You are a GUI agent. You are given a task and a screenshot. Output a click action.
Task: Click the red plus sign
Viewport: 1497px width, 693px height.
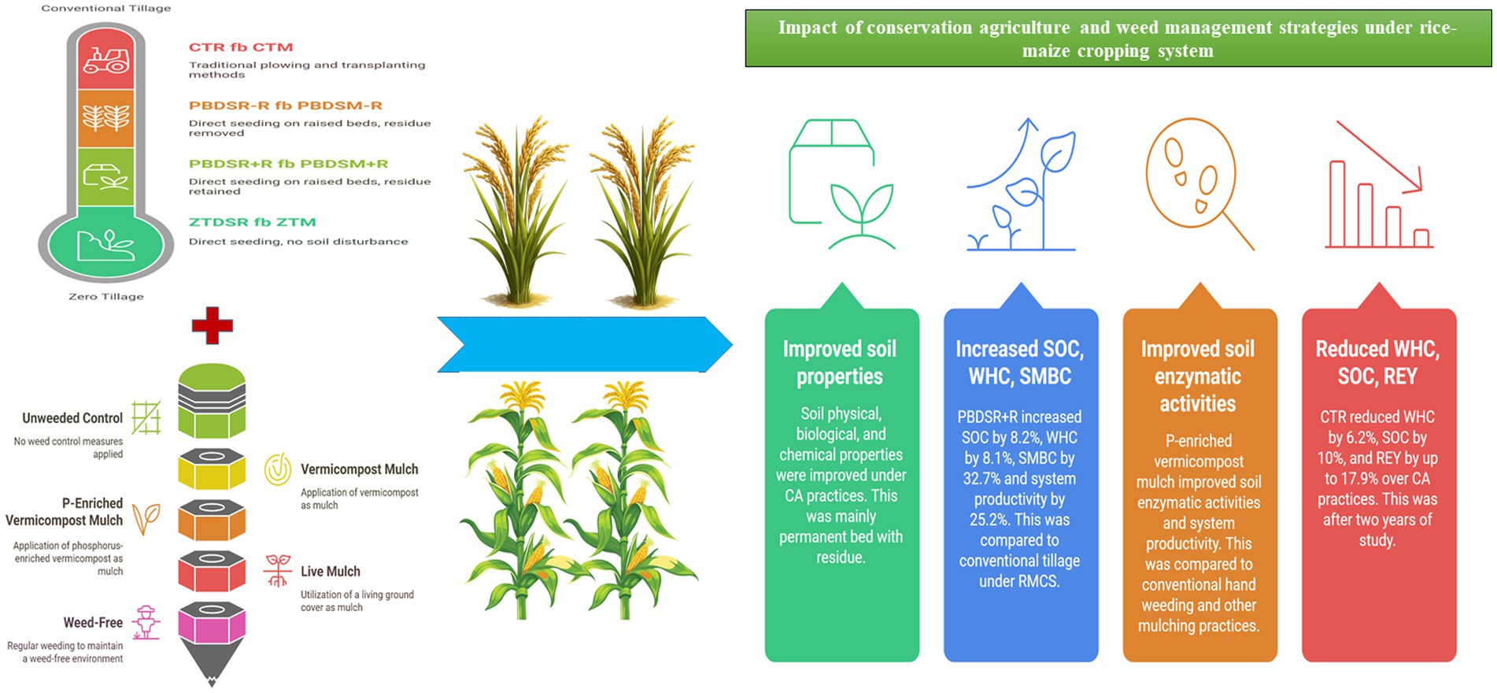pyautogui.click(x=212, y=325)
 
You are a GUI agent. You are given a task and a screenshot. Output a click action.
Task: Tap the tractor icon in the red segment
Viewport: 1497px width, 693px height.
pyautogui.click(x=106, y=60)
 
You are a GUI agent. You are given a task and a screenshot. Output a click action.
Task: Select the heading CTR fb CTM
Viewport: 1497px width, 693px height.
pyautogui.click(x=241, y=47)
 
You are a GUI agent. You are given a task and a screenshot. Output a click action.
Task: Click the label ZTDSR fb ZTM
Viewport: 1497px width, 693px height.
pyautogui.click(x=252, y=222)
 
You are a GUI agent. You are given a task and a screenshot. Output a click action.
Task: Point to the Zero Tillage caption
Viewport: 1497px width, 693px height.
pyautogui.click(x=106, y=297)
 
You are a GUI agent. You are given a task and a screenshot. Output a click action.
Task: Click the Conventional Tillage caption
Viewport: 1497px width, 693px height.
pyautogui.click(x=106, y=8)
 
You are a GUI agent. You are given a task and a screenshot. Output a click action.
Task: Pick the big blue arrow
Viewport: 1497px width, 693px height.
pyautogui.click(x=585, y=344)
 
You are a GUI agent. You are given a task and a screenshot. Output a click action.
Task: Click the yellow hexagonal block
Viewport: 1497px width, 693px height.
pyautogui.click(x=212, y=469)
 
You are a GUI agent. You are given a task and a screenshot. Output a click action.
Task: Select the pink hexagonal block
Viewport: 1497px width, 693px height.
pyautogui.click(x=212, y=624)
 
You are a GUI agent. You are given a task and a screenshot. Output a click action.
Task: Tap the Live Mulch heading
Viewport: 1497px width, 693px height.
pyautogui.click(x=331, y=572)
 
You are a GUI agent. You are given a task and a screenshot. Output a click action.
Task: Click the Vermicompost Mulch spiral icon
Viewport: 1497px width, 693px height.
pyautogui.click(x=277, y=469)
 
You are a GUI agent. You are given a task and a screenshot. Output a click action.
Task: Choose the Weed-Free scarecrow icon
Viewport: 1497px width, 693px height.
pyautogui.click(x=146, y=623)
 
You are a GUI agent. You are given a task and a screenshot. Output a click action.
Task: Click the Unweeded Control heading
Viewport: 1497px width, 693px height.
pyautogui.click(x=72, y=418)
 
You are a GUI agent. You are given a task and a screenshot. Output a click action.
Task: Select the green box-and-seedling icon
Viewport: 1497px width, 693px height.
pyautogui.click(x=841, y=184)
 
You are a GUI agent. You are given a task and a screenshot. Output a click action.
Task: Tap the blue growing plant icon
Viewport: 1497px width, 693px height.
pyautogui.click(x=1021, y=184)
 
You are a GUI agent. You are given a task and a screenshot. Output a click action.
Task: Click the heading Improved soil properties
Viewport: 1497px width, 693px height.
pyautogui.click(x=840, y=362)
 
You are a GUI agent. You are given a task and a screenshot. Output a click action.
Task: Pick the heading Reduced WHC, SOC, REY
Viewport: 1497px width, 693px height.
pyautogui.click(x=1377, y=362)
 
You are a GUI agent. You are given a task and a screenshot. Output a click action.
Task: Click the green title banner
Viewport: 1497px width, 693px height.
pyautogui.click(x=1118, y=39)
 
